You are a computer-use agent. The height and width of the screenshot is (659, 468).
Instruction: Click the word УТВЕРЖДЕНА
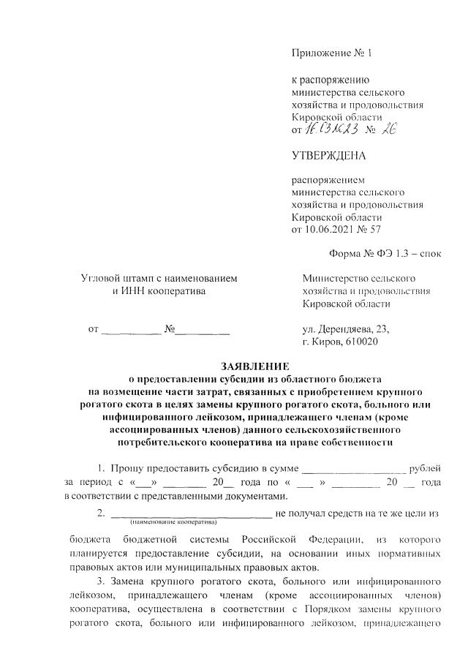tap(329, 156)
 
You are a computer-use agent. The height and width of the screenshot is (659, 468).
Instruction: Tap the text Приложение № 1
tap(331, 53)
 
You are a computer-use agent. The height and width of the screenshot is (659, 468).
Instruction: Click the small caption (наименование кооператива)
tap(174, 523)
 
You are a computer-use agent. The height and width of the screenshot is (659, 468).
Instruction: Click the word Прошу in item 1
tap(127, 467)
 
